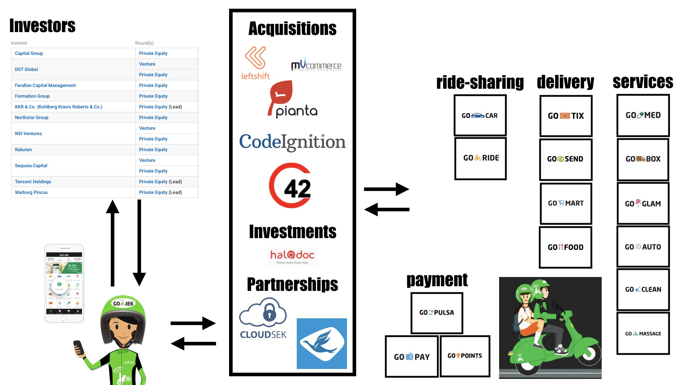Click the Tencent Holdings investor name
[x=33, y=182]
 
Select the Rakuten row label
[x=24, y=150]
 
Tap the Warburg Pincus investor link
[x=31, y=192]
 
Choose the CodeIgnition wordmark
[x=292, y=142]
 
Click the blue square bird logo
[x=322, y=343]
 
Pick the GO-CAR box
[x=480, y=115]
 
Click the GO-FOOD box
[x=565, y=247]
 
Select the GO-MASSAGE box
[x=643, y=334]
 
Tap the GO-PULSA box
[x=437, y=313]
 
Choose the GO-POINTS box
[x=465, y=356]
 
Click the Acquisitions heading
[x=292, y=29]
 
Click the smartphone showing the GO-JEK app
[x=64, y=283]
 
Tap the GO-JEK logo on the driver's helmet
[x=123, y=304]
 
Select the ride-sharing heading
[x=480, y=82]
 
